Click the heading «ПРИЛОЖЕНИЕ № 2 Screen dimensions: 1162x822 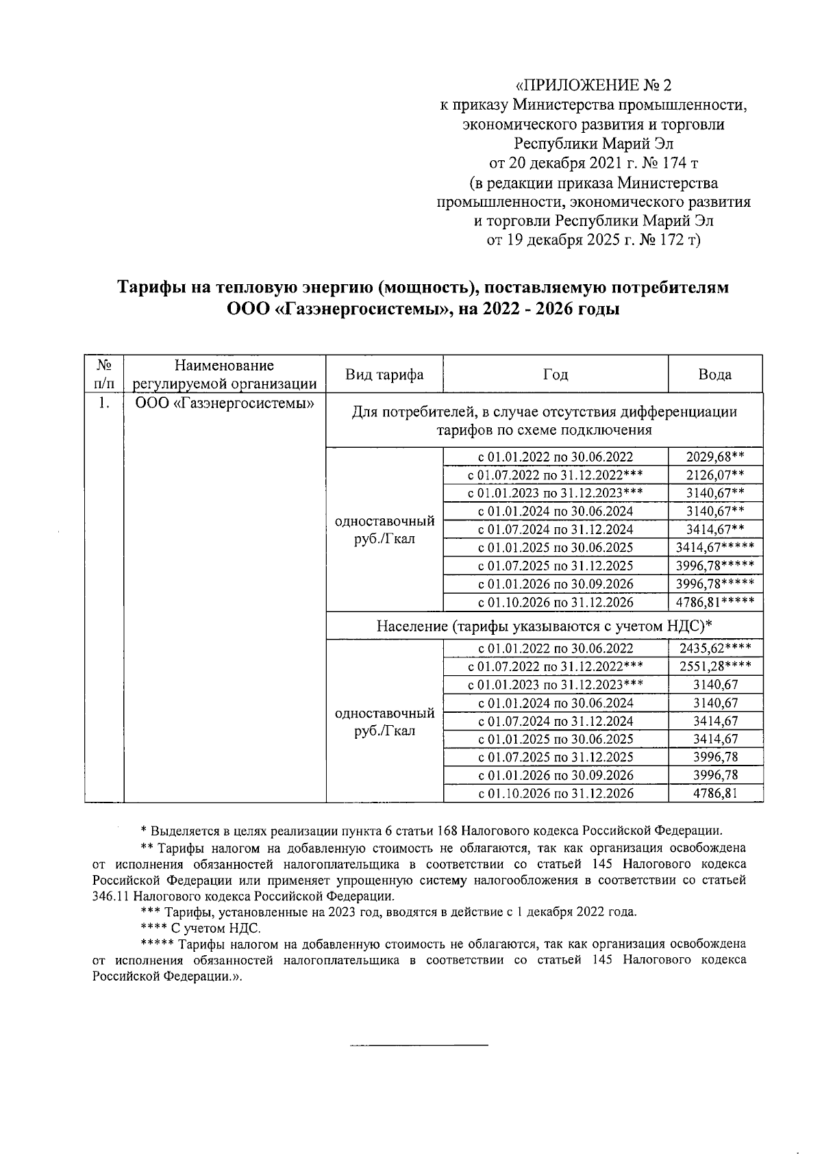pyautogui.click(x=593, y=86)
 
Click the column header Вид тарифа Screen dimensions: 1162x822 pyautogui.click(x=384, y=375)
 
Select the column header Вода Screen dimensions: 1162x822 pyautogui.click(x=714, y=375)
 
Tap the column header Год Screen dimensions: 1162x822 pyautogui.click(x=555, y=375)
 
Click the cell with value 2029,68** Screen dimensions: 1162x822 pyautogui.click(x=714, y=457)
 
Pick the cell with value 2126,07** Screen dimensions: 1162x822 pyautogui.click(x=714, y=475)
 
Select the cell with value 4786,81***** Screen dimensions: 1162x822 pyautogui.click(x=714, y=603)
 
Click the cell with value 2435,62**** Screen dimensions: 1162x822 pyautogui.click(x=714, y=648)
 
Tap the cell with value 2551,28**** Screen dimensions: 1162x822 pyautogui.click(x=714, y=666)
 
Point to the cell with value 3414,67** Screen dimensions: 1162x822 pyautogui.click(x=714, y=529)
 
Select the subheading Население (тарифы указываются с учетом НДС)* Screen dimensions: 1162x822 pyautogui.click(x=545, y=626)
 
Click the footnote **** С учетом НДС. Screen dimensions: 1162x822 pyautogui.click(x=199, y=929)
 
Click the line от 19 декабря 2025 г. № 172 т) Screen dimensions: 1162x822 pyautogui.click(x=593, y=240)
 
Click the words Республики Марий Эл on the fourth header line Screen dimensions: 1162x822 pyautogui.click(x=593, y=144)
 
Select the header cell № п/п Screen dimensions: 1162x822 pyautogui.click(x=103, y=375)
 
